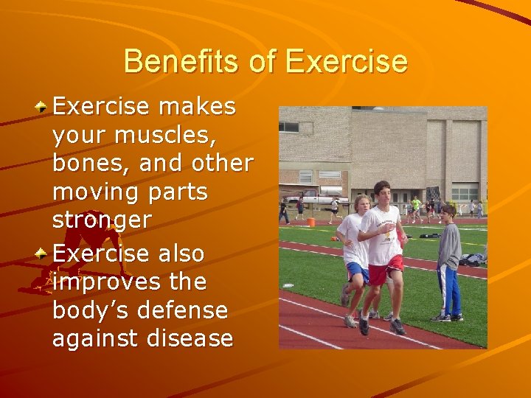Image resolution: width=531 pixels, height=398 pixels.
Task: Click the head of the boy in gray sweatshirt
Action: pos(447,212)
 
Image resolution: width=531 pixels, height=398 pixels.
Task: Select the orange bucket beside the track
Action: pos(311,221)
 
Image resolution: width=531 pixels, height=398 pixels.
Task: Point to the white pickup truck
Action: pos(316,198)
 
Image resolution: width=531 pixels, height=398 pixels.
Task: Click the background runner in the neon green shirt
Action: pos(417,205)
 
